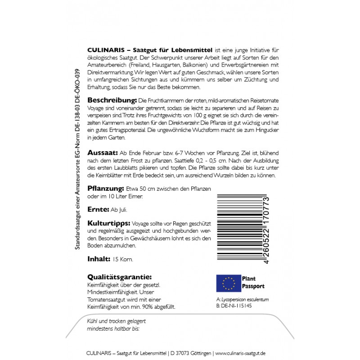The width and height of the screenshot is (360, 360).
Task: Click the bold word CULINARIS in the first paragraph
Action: tap(104, 49)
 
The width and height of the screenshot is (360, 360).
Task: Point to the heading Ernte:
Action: tap(98, 210)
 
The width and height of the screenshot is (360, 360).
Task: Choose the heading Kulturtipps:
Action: tap(108, 224)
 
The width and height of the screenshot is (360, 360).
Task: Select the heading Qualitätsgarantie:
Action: tap(119, 277)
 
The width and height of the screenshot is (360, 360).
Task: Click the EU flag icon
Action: tap(229, 283)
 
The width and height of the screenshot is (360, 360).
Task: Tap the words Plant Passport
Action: tap(253, 283)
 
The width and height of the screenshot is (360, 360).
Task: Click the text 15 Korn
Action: tap(123, 259)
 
